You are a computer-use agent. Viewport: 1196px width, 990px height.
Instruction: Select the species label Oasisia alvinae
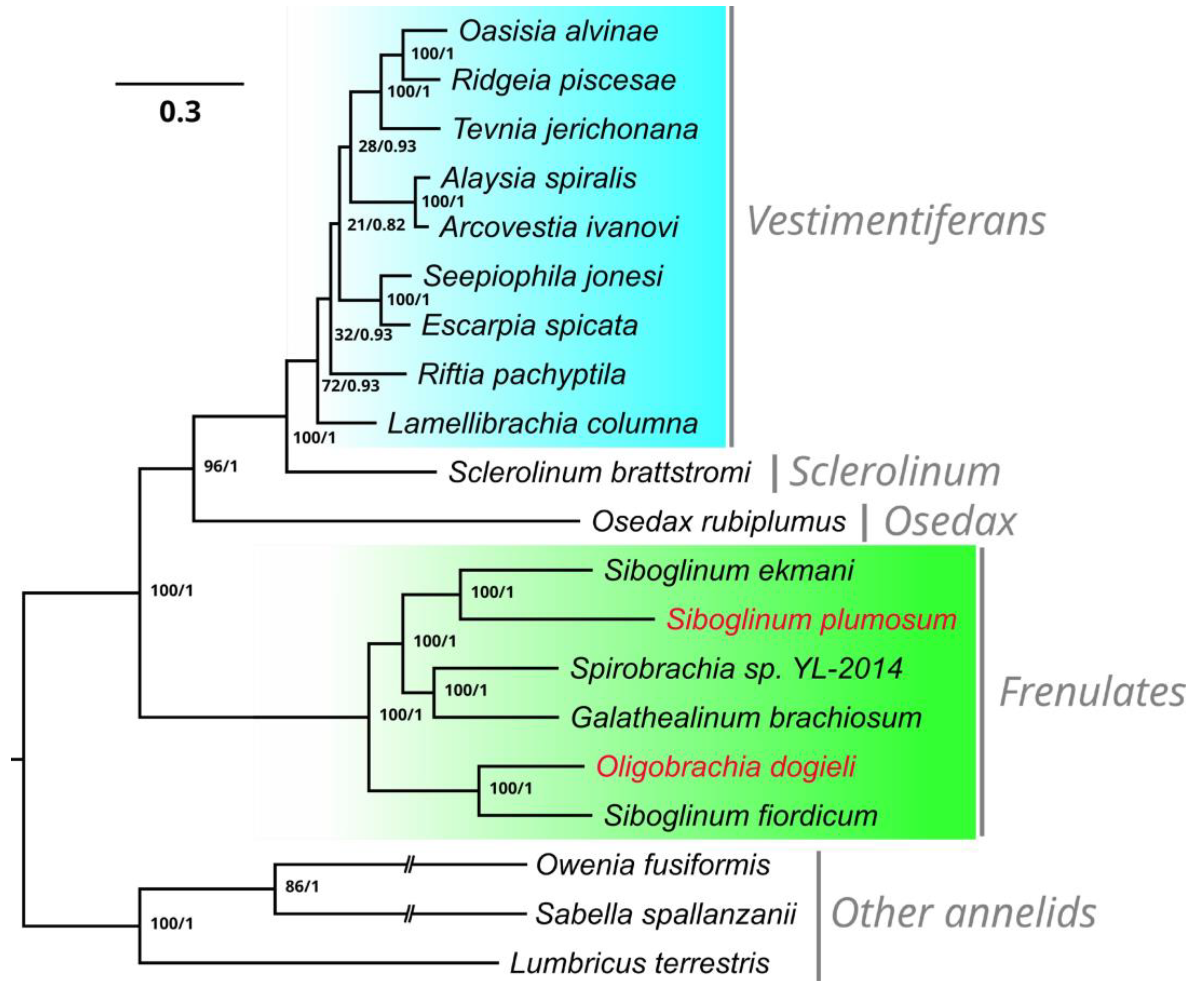558,31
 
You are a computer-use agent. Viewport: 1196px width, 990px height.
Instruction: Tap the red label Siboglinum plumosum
811,620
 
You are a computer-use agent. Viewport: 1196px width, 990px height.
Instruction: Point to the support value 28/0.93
387,146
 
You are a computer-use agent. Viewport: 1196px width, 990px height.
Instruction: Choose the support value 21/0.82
376,225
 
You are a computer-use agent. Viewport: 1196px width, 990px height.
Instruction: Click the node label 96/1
220,467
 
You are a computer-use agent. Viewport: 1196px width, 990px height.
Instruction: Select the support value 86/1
302,886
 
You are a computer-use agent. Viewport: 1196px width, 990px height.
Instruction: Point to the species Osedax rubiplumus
719,522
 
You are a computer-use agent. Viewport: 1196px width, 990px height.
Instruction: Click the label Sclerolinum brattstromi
599,472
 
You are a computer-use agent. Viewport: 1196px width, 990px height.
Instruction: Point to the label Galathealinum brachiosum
746,718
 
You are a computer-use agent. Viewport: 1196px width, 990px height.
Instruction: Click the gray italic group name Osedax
949,522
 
